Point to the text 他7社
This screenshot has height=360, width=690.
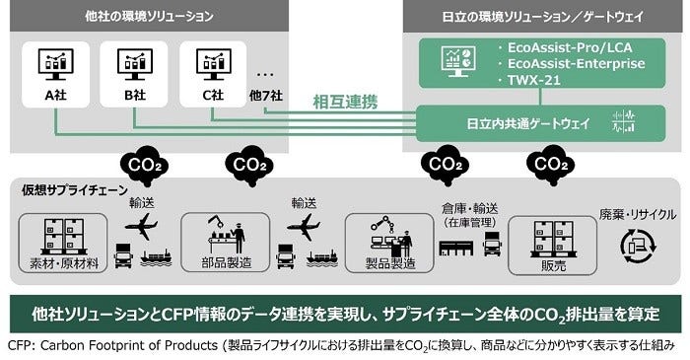click(267, 96)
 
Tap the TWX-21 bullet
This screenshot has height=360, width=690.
click(537, 81)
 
